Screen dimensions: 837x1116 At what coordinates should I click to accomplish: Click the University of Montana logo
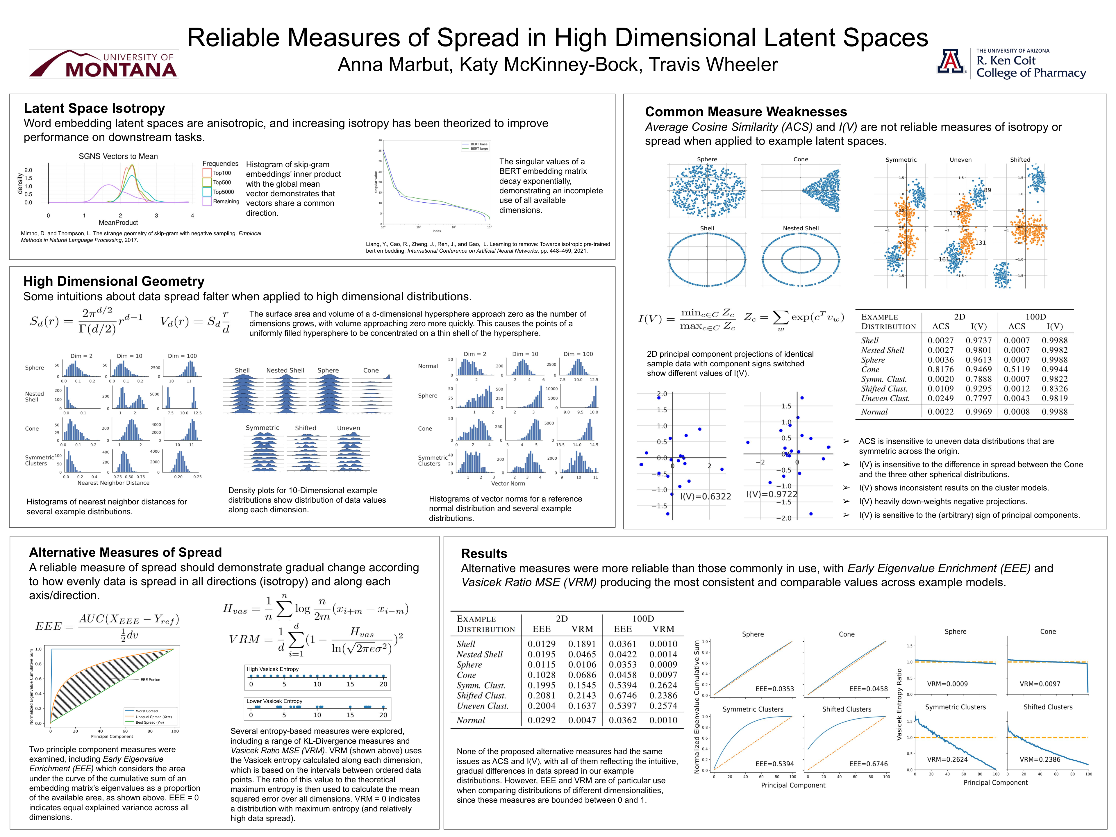tap(103, 64)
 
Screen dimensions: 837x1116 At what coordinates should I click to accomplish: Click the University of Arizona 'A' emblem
tap(951, 62)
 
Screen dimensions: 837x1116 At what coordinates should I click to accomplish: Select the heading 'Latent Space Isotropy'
tap(94, 108)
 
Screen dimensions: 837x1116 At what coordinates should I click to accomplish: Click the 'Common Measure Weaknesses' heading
tap(746, 112)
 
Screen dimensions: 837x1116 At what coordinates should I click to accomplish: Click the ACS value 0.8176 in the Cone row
tap(940, 369)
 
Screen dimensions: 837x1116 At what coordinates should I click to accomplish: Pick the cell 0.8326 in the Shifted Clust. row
tap(1054, 388)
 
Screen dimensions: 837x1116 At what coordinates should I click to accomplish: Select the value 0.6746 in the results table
tap(623, 695)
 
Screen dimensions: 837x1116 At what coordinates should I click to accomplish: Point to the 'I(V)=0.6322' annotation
tap(705, 497)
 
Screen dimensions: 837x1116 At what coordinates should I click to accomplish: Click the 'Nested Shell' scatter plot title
tap(801, 228)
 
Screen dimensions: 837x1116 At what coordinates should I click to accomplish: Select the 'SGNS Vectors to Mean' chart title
tap(118, 156)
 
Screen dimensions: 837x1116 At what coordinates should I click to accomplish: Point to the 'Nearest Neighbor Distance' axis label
tap(113, 483)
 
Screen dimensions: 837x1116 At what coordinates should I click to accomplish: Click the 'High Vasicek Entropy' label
tap(272, 669)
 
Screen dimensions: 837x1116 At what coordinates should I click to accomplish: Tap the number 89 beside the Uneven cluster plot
tap(987, 190)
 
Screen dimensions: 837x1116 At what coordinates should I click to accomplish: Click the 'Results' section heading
tap(484, 554)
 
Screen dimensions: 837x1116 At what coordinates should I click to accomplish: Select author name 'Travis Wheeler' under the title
tap(713, 65)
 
